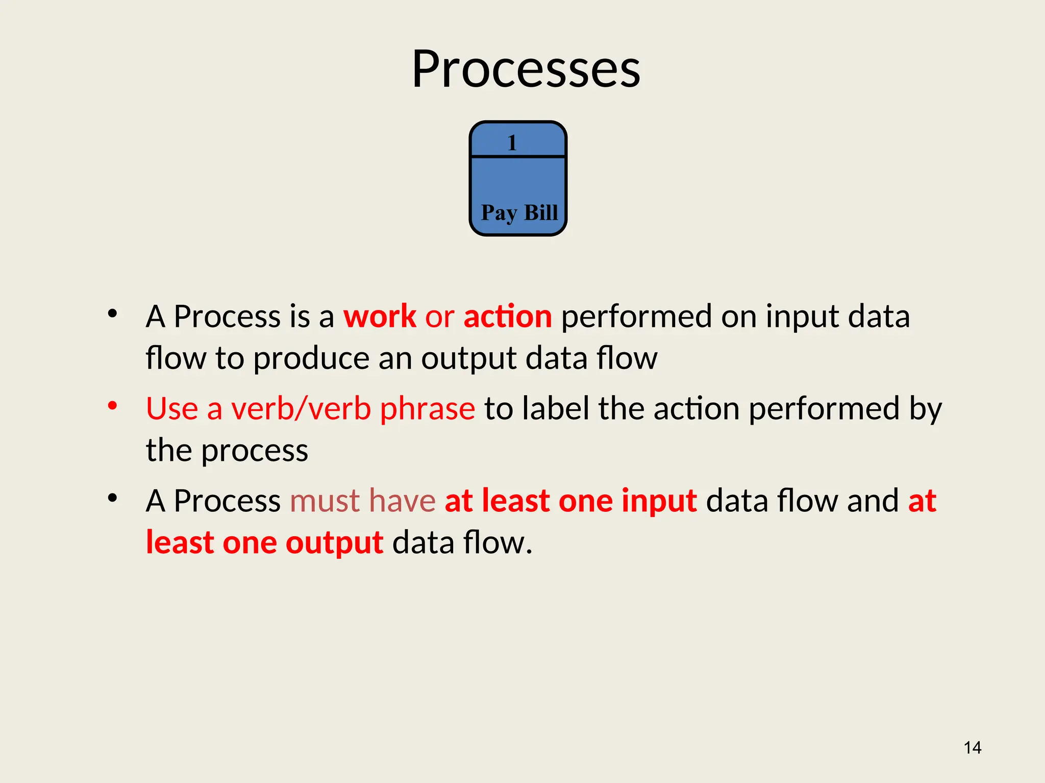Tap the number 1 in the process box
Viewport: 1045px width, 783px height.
coord(512,143)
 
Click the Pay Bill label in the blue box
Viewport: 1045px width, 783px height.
coord(519,213)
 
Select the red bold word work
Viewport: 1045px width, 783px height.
coord(380,317)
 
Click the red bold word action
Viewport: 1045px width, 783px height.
coord(507,317)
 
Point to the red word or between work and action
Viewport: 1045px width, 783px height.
coord(439,318)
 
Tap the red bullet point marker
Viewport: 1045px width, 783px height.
coord(113,406)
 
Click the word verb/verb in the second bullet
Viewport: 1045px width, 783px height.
coord(301,409)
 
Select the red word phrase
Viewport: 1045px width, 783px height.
coord(428,410)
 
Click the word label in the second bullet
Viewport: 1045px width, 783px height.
coord(556,409)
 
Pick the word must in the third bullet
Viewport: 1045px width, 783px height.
coord(325,501)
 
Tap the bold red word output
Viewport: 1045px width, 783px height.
coord(334,543)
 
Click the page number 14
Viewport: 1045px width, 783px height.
coord(972,748)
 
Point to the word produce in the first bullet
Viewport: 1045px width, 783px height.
coord(311,359)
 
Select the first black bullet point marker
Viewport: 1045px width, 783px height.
coord(113,314)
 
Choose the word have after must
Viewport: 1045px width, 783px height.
coord(402,501)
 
